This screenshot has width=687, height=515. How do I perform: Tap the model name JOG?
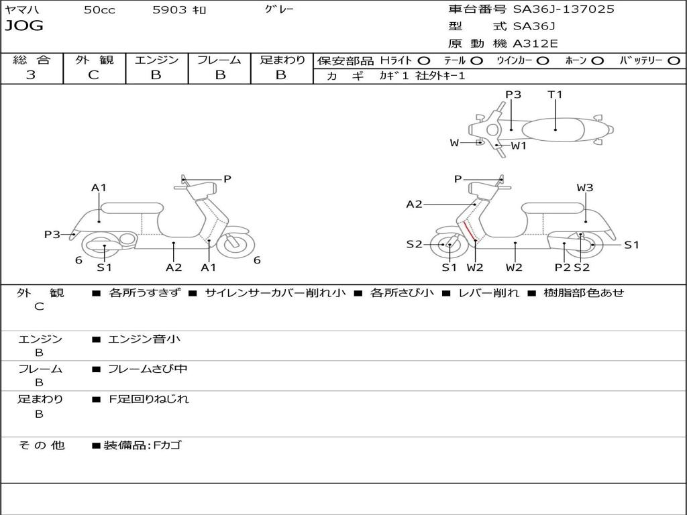point(23,26)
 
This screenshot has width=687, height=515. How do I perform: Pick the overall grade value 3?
point(31,75)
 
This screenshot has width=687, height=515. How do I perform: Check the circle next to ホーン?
point(597,60)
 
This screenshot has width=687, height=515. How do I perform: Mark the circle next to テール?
point(476,60)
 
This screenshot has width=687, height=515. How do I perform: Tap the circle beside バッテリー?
point(674,60)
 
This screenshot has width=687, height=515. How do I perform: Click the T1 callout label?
point(555,95)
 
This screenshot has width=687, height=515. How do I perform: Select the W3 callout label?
point(585,188)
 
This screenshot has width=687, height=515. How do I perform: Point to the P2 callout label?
point(562,267)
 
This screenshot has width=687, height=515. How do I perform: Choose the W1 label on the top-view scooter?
point(519,146)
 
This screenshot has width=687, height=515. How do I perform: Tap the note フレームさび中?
point(148,369)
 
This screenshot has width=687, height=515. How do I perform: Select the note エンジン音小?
point(144,339)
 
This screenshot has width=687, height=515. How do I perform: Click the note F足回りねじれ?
point(149,399)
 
